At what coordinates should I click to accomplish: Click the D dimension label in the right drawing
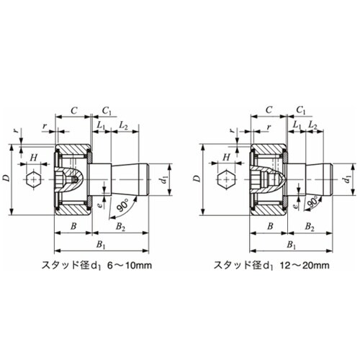click(199, 177)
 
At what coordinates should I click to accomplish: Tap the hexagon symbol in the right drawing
click(225, 178)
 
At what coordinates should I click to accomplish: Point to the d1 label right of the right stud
click(349, 177)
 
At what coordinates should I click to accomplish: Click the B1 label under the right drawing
click(290, 245)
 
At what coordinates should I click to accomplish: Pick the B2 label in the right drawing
click(308, 228)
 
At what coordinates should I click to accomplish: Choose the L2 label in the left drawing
click(122, 126)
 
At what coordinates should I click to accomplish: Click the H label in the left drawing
click(33, 156)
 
